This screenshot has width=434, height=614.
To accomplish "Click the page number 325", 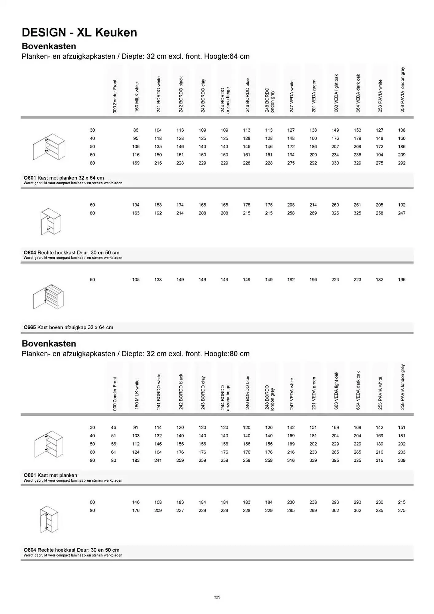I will pos(217,597).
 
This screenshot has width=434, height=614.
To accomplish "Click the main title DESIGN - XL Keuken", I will pos(80,32).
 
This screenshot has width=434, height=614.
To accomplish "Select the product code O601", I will pos(30,178).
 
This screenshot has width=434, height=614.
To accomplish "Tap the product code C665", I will pos(30,327).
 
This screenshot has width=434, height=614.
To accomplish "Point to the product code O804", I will pos(30,550).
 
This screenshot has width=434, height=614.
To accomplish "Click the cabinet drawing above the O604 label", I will pos(51,222).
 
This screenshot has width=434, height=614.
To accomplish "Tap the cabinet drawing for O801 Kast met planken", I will pos(49,445).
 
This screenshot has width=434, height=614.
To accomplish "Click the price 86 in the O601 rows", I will pos(136,130).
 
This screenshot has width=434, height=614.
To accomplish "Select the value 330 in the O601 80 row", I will pos(335,163).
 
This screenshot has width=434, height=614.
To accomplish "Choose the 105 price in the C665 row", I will pos(136,280).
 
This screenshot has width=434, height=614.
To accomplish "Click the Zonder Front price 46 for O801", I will pos(114,427).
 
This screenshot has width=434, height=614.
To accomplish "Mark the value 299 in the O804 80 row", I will pos(313,511).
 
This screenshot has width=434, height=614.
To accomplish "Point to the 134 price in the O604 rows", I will pos(136,205).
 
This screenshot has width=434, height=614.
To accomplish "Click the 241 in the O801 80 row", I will pos(158,460).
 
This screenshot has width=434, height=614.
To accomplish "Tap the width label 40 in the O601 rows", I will pos(92,138).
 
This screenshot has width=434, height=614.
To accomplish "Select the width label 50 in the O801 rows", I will pos(92,444).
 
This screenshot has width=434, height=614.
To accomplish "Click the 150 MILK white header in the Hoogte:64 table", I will pos(137,97).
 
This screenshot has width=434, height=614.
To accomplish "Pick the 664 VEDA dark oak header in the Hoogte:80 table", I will pos(358,390).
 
